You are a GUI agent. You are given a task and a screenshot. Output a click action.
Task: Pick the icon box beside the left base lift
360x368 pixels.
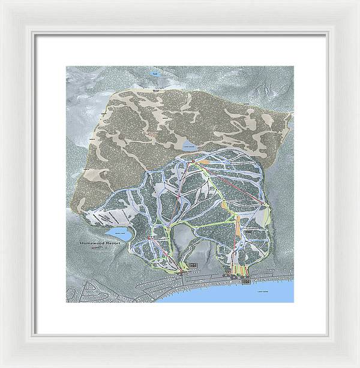[193, 264]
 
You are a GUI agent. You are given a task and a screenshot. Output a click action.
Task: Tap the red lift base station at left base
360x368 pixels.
[179, 273]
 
